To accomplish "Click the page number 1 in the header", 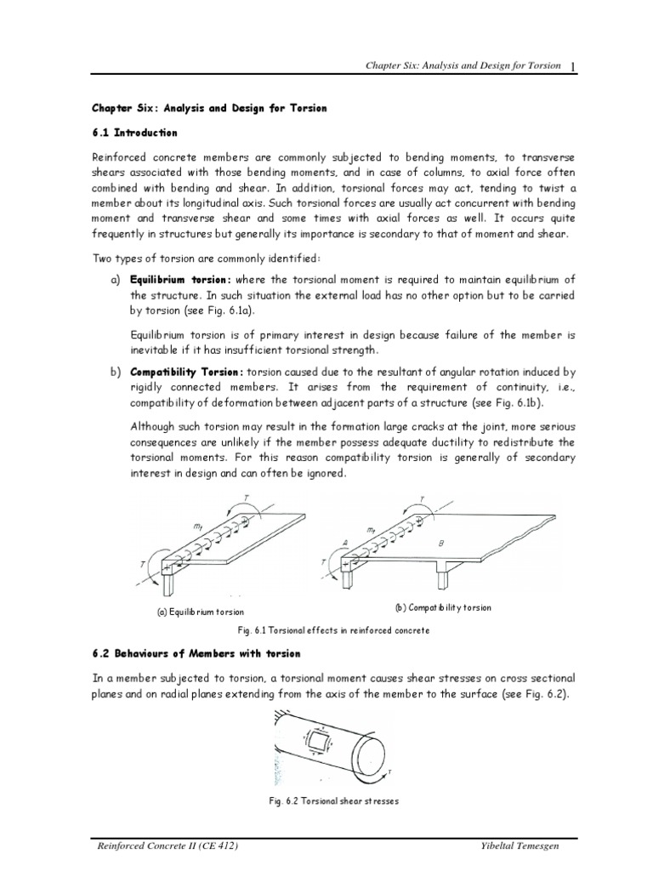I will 575,69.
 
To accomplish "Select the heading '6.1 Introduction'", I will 134,133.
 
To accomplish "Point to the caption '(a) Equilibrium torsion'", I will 200,612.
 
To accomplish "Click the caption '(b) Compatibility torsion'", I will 443,608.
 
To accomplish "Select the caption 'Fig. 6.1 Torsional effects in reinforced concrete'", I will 333,630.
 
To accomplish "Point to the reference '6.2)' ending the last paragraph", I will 560,695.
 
